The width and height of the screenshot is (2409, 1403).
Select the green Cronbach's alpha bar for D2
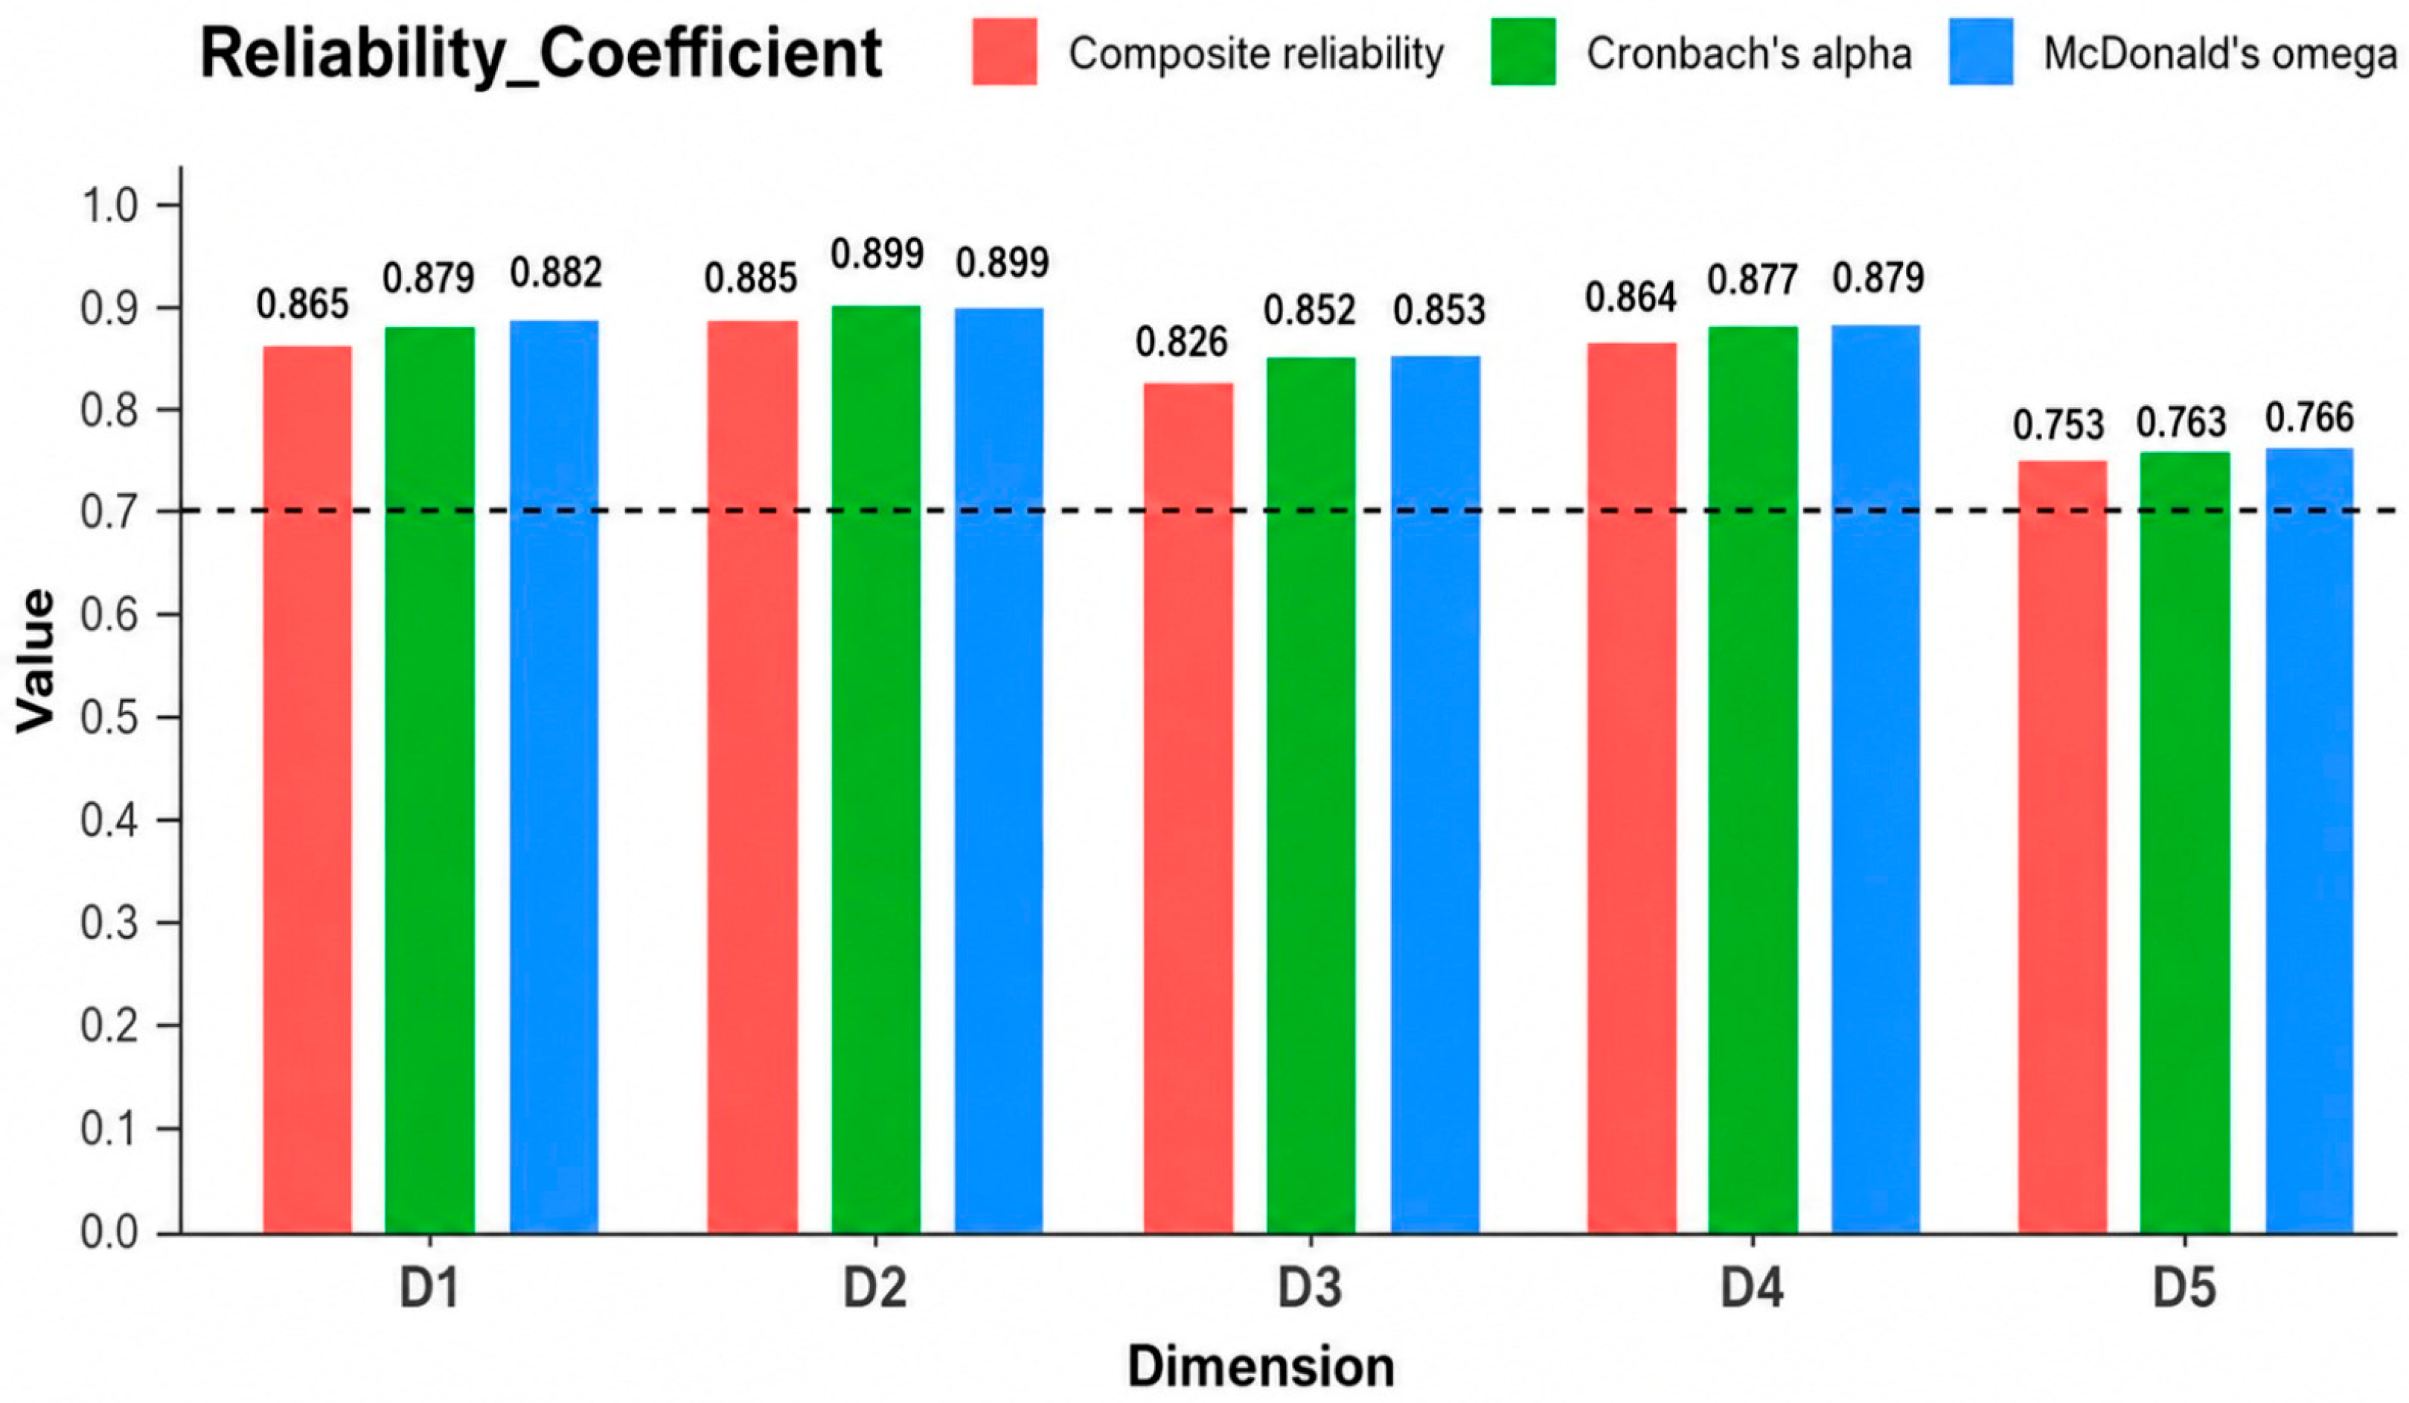pyautogui.click(x=876, y=769)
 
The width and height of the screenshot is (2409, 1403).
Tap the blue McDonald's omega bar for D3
pyautogui.click(x=1435, y=795)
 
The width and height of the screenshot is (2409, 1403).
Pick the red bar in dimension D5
pyautogui.click(x=2062, y=847)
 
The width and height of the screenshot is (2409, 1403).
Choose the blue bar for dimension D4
pyautogui.click(x=1875, y=780)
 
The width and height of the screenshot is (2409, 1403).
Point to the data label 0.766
pyautogui.click(x=2309, y=417)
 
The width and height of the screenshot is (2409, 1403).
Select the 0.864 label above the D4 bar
pyautogui.click(x=1631, y=297)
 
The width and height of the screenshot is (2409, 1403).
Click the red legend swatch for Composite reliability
pyautogui.click(x=1005, y=51)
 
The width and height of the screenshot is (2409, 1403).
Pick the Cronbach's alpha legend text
pyautogui.click(x=1750, y=54)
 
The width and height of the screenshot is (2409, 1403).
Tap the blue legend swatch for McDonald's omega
pyautogui.click(x=1981, y=51)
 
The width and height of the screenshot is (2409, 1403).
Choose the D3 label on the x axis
pyautogui.click(x=1311, y=1288)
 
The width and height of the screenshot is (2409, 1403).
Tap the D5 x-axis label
pyautogui.click(x=2184, y=1288)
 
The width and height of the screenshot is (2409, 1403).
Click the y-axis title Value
pyautogui.click(x=36, y=661)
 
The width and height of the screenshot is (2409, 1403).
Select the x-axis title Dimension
pyautogui.click(x=1261, y=1366)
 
